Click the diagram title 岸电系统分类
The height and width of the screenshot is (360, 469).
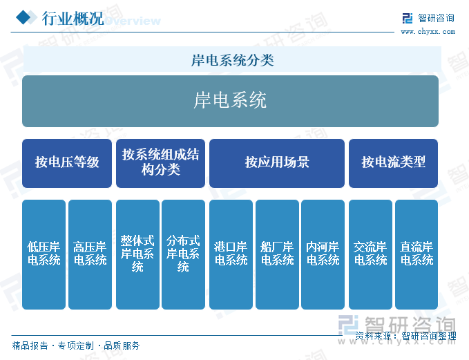click(x=232, y=60)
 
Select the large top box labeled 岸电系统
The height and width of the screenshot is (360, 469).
click(x=230, y=101)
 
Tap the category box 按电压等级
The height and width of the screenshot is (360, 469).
click(x=67, y=163)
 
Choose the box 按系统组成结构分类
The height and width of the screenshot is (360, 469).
click(x=161, y=163)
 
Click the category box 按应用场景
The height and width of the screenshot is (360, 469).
click(x=277, y=163)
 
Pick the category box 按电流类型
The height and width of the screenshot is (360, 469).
click(x=393, y=163)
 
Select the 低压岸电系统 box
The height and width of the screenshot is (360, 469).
click(x=44, y=254)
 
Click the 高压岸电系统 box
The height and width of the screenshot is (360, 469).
click(x=90, y=254)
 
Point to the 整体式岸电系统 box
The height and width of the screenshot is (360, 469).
click(x=137, y=254)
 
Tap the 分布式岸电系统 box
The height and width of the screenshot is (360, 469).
click(x=183, y=254)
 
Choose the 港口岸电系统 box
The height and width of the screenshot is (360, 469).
click(x=231, y=254)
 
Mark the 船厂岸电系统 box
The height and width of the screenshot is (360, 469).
click(x=277, y=254)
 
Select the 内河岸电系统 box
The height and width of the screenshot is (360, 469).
click(x=323, y=254)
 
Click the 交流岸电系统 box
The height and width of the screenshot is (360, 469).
click(x=371, y=254)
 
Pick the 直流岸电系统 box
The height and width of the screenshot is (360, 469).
click(x=417, y=254)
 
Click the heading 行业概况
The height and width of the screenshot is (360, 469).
click(x=73, y=19)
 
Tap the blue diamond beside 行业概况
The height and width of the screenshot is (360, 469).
click(x=26, y=17)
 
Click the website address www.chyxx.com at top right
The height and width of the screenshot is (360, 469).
click(x=428, y=31)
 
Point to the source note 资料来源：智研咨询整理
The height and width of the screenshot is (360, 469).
click(x=405, y=336)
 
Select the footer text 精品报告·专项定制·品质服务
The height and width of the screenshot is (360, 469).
click(x=76, y=345)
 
